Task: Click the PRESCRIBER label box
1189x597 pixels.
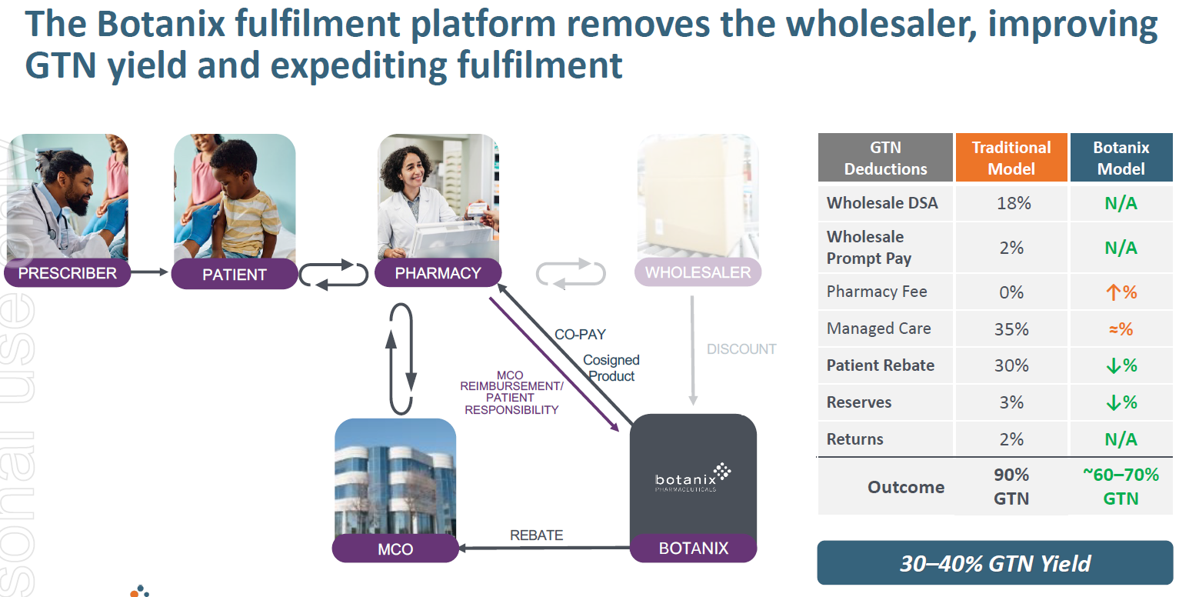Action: coord(67,273)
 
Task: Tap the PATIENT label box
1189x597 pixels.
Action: coord(234,275)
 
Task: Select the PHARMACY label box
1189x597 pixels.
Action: coord(438,273)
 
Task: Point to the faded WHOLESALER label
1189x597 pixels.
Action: coord(698,272)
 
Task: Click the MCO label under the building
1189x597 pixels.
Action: coord(395,549)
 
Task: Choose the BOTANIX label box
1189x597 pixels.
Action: coord(693,549)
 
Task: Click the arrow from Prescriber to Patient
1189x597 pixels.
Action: coord(149,272)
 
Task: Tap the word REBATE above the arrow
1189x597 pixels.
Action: coord(536,535)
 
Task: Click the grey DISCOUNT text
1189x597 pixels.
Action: coord(741,349)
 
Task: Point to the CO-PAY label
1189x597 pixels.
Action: coord(580,335)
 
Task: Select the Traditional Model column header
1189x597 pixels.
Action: coord(1011,158)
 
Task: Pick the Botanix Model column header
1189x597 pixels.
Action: coord(1121,158)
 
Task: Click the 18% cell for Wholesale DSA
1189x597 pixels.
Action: coord(1011,203)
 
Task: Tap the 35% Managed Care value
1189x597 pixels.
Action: coord(1011,329)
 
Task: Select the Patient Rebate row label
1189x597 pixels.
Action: coord(880,365)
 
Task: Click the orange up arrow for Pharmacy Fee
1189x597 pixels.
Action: coord(1112,292)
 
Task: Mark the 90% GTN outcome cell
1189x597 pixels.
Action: coord(1011,486)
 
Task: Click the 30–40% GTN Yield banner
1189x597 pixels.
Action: coord(994,563)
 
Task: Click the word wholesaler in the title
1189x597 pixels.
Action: coord(882,25)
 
